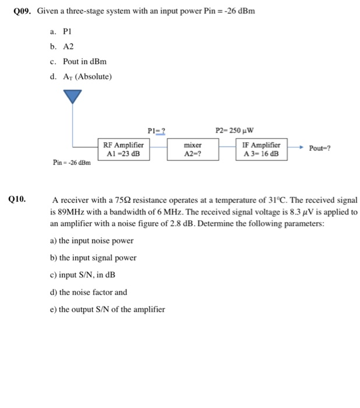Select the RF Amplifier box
pos(123,149)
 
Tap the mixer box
pos(193,149)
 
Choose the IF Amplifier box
pos(262,149)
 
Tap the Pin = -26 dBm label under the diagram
pos(72,163)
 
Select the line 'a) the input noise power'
pos(92,240)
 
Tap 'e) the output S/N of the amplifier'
pos(108,309)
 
